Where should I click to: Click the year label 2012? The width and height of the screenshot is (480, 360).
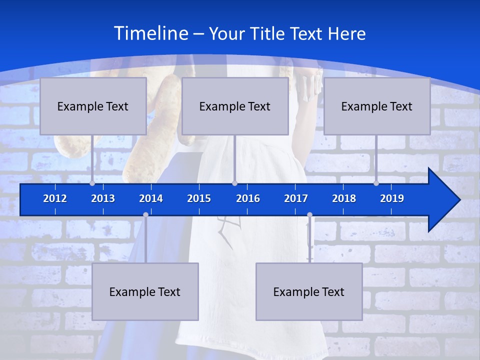55,198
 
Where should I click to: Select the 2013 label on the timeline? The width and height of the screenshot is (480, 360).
103,198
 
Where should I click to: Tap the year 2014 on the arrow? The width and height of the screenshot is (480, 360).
151,198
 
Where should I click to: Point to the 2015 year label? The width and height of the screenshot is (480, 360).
199,198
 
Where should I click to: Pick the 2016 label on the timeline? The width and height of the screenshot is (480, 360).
248,198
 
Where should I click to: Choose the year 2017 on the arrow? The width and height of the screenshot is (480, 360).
296,198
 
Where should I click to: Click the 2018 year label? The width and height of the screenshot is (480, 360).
344,198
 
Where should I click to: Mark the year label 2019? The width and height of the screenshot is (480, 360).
392,198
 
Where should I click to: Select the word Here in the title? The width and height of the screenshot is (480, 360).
346,34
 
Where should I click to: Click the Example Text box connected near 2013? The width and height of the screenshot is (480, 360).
93,106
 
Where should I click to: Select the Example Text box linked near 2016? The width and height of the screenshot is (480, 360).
235,106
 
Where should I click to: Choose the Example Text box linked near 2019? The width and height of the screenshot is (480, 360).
377,106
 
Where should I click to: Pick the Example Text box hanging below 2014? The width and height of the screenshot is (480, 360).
145,291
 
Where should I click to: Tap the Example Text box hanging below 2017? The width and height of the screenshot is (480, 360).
309,291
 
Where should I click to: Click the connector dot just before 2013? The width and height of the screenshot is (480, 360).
92,183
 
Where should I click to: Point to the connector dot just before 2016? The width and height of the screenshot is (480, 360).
234,183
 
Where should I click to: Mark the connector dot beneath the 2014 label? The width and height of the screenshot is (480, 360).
145,214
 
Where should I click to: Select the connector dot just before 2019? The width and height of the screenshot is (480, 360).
376,183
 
